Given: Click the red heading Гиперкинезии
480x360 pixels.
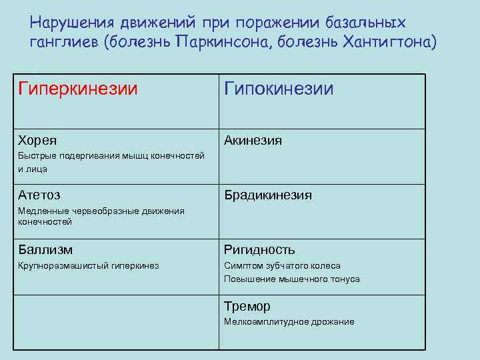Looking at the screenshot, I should pyautogui.click(x=78, y=89).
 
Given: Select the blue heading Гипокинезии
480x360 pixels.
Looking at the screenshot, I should pyautogui.click(x=279, y=89).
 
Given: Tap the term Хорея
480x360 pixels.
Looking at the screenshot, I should pyautogui.click(x=37, y=141).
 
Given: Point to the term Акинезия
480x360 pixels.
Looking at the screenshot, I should pyautogui.click(x=253, y=141).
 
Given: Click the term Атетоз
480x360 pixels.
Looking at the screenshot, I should pyautogui.click(x=39, y=195).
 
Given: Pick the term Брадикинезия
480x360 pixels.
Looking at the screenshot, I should pyautogui.click(x=268, y=195).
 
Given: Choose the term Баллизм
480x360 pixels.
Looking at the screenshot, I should pyautogui.click(x=45, y=250).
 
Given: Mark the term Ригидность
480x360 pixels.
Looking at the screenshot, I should pyautogui.click(x=259, y=250).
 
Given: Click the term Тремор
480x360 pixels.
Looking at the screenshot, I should pyautogui.click(x=247, y=307).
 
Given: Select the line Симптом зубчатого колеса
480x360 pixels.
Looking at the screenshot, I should pyautogui.click(x=282, y=266).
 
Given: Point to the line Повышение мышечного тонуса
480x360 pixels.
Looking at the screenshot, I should pyautogui.click(x=291, y=279).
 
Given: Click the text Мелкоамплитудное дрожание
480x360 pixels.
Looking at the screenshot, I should pyautogui.click(x=289, y=322).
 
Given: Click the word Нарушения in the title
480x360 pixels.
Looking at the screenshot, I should pyautogui.click(x=65, y=22).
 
